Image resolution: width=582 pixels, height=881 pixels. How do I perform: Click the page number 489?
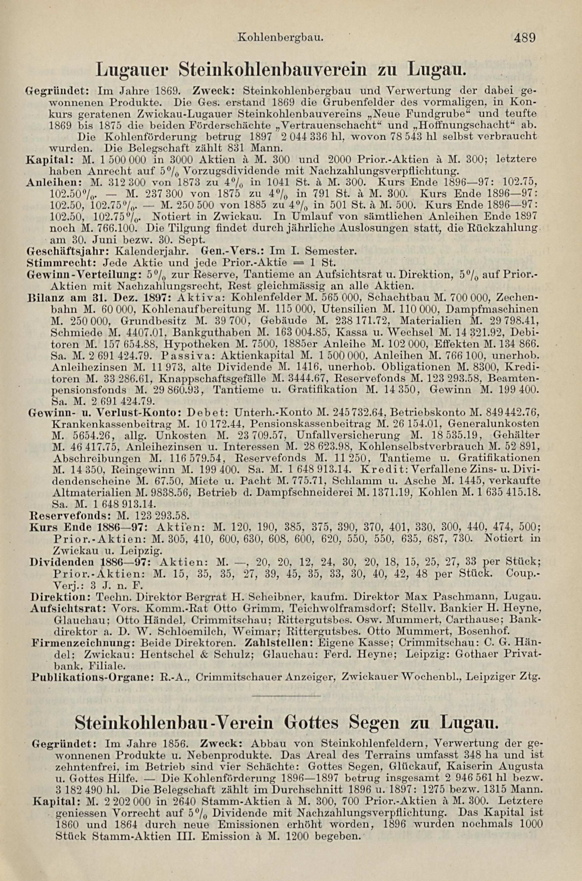point(524,38)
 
